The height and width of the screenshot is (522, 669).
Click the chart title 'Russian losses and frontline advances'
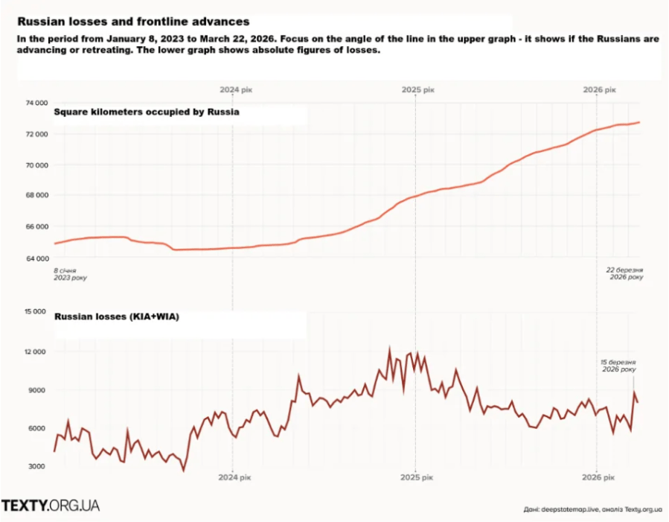coord(133,22)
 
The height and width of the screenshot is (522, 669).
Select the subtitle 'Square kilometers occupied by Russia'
coord(146,112)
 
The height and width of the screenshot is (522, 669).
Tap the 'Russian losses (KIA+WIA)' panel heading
coord(116,316)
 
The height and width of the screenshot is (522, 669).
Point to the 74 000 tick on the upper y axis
coord(36,103)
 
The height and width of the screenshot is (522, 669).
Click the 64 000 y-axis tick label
coord(36,258)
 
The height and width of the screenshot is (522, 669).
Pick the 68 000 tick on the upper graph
coord(36,196)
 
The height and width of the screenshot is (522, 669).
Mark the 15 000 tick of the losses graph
coord(36,312)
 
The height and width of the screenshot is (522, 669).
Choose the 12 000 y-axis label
coord(36,351)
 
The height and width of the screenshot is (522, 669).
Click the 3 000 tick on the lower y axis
coord(37,467)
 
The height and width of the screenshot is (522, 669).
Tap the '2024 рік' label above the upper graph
coord(234,89)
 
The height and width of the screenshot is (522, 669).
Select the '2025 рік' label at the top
coord(417,89)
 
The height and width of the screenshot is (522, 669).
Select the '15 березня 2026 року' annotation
coord(618,365)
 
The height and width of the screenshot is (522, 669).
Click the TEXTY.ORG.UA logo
coord(51,506)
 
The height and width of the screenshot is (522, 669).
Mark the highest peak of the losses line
coord(389,348)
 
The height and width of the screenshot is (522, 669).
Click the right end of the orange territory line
coord(639,122)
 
